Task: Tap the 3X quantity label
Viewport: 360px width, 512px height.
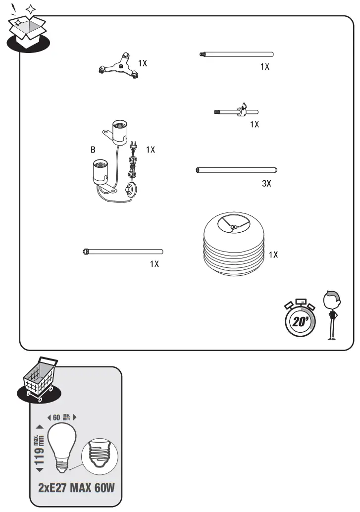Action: coord(266,184)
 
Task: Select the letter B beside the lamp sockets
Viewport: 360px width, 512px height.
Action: coord(92,149)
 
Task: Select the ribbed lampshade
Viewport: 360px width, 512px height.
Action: coord(233,246)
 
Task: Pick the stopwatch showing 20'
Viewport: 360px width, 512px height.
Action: coord(298,319)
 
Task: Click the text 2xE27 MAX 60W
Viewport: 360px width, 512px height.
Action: coord(76,487)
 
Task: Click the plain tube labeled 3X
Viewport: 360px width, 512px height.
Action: coord(236,170)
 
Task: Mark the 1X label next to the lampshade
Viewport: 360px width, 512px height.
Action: coord(273,255)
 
